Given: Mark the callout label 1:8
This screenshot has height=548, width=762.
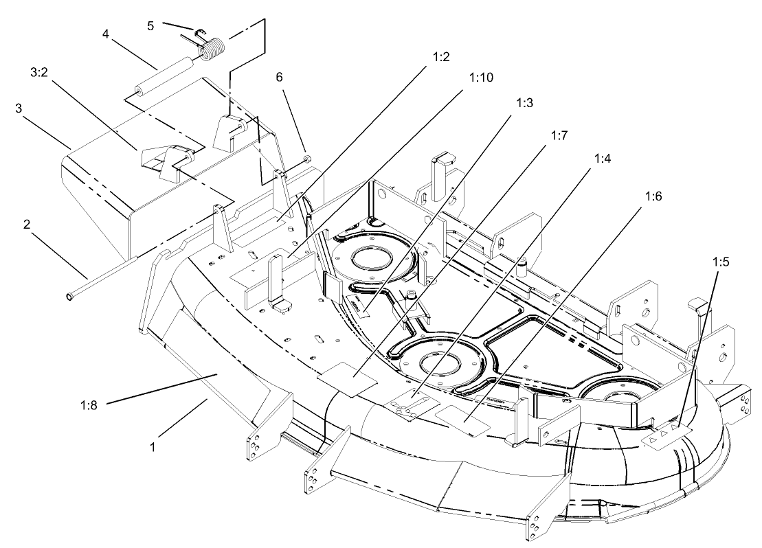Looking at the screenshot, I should coord(88,404).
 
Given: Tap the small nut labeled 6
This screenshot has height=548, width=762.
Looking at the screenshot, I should coord(307,159).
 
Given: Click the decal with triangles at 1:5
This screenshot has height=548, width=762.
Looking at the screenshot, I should coord(664,435).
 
